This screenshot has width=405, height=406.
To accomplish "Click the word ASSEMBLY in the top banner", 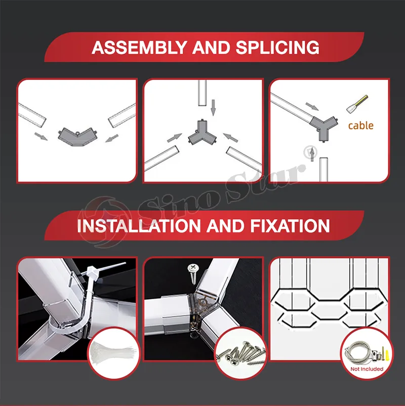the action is (139, 48).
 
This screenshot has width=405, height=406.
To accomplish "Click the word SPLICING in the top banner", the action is (277, 48).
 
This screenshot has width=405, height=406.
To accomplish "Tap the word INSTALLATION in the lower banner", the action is (139, 225).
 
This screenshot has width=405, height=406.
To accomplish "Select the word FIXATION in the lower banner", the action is (290, 225).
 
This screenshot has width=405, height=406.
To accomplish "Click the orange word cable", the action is (361, 126).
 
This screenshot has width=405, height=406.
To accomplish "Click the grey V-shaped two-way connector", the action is (77, 137).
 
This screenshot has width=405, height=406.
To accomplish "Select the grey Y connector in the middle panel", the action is (202, 133).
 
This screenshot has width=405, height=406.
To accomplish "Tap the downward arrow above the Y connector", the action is (213, 108).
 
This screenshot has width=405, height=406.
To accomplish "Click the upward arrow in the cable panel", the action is (313, 154).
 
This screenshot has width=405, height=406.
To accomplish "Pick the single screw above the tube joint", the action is (193, 274).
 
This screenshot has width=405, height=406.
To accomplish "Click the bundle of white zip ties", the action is (113, 352).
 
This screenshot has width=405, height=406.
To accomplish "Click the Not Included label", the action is (367, 369).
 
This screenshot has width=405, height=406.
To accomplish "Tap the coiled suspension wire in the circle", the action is (356, 352).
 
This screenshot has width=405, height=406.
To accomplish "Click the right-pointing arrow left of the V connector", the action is (41, 137).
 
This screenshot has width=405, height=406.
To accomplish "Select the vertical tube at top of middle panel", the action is (202, 93).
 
